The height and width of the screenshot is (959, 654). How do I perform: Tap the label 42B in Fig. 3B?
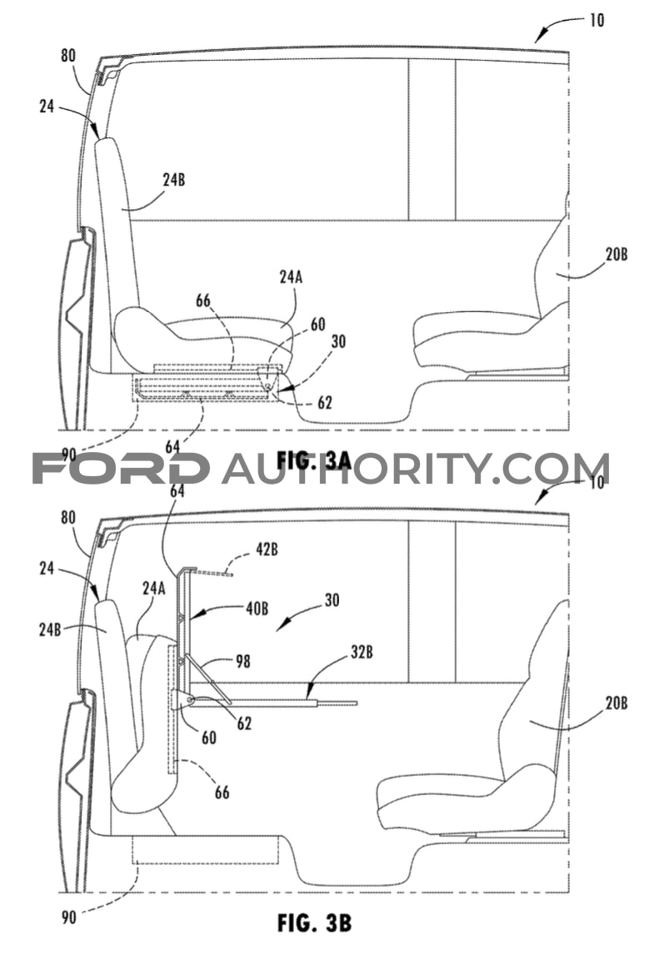point(266,549)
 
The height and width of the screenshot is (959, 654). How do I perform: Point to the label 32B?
point(362,652)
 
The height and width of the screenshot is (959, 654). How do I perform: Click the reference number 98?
point(242,661)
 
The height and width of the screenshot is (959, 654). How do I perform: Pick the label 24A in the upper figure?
point(291,277)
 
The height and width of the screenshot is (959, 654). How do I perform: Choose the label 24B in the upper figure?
point(174,180)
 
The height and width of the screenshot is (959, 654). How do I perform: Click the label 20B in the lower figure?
point(617,703)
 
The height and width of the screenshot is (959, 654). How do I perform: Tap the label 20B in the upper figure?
point(617,254)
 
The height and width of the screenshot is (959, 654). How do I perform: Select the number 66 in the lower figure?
point(222,792)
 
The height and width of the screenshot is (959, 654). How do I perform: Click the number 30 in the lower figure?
point(332,600)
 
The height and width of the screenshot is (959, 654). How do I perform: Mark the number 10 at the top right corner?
point(597,20)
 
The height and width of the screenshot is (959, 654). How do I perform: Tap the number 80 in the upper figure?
point(68,56)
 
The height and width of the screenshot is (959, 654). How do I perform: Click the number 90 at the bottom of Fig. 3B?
point(68,917)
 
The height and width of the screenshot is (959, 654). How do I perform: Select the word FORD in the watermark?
point(120,469)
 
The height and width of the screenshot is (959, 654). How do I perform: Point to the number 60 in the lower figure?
point(209,738)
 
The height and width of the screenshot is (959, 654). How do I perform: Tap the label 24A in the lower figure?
point(153,589)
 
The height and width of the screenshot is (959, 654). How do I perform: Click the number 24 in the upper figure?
point(47,107)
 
